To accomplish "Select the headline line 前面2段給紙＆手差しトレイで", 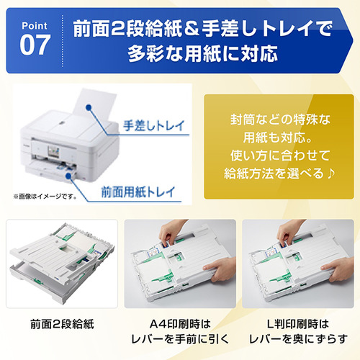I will click(192, 29).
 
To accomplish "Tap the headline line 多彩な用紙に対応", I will click(192, 55).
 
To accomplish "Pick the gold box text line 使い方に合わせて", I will click(274, 156).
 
